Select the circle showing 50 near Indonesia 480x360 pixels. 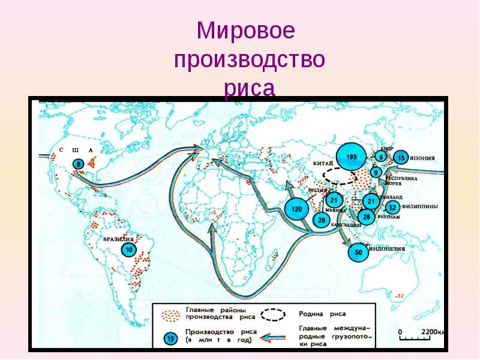pyautogui.click(x=359, y=252)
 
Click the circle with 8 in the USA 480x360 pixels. pyautogui.click(x=78, y=163)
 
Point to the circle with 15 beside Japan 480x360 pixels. pyautogui.click(x=401, y=158)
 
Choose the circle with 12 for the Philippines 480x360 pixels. pyautogui.click(x=392, y=208)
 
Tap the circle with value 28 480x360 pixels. pyautogui.click(x=322, y=221)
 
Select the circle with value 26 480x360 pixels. pyautogui.click(x=367, y=215)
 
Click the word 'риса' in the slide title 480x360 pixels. pyautogui.click(x=250, y=88)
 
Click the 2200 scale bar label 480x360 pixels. pyautogui.click(x=431, y=332)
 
